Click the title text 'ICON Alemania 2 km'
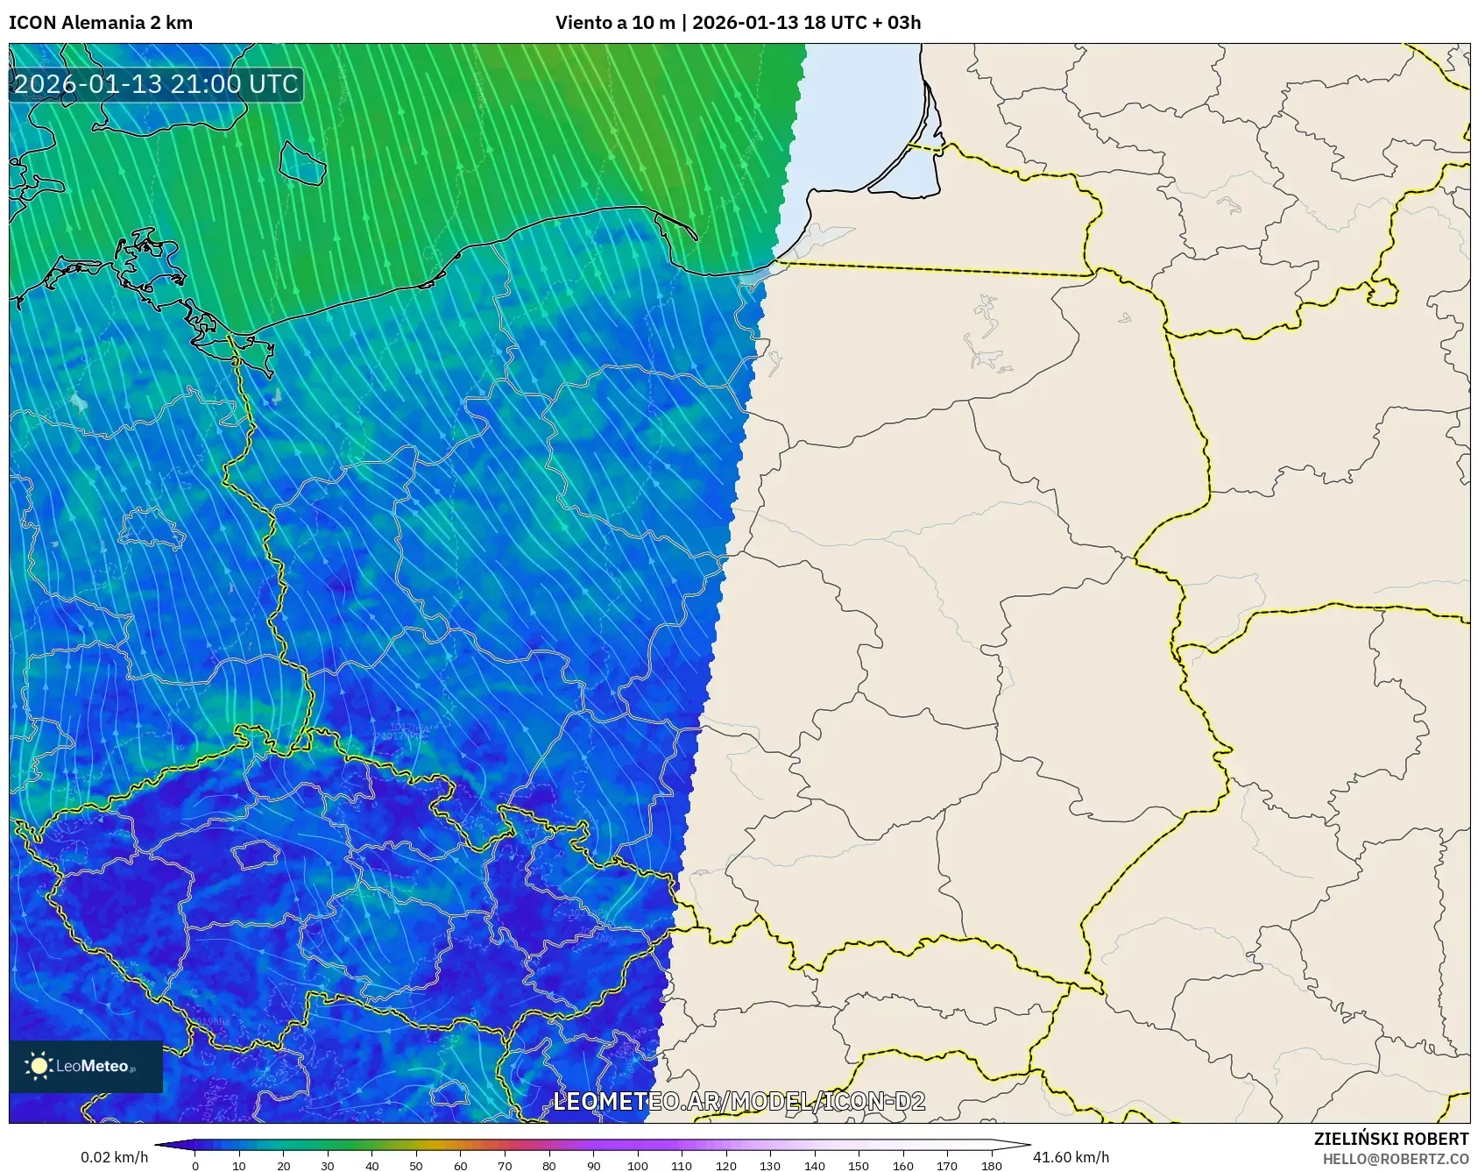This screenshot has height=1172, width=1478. pos(101,23)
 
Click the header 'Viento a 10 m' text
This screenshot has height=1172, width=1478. pos(615,23)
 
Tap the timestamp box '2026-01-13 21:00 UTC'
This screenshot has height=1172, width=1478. pos(156,84)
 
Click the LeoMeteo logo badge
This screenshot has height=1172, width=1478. pos(86,1066)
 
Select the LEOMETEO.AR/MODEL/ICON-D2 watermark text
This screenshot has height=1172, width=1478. pos(739,1101)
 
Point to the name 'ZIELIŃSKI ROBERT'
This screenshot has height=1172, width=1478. pos(1390,1139)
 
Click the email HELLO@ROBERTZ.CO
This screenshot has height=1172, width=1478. pos(1395,1159)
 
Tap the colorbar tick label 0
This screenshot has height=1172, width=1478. pos(195,1166)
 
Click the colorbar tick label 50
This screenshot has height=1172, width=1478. pos(416,1166)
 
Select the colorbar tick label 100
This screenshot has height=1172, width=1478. pos(638,1166)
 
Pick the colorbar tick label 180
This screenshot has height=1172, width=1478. pos(992,1166)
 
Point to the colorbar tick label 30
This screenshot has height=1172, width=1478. pos(328,1166)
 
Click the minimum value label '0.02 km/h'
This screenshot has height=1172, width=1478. pos(115,1157)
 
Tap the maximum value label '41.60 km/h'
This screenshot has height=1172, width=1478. pos(1071,1157)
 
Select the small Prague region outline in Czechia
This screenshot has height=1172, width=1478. pos(255,854)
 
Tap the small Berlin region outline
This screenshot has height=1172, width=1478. pos(151,528)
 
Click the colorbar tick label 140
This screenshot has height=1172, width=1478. pos(815,1166)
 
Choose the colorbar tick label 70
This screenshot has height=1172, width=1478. pos(505,1166)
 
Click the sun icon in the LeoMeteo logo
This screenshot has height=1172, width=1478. pos(39,1066)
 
